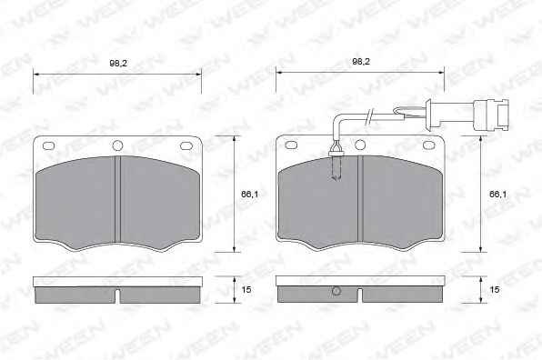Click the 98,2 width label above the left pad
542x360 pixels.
click(x=118, y=64)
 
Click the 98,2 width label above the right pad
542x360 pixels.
click(x=361, y=62)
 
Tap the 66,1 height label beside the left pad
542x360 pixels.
click(x=249, y=195)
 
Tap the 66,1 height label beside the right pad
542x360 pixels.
click(x=497, y=195)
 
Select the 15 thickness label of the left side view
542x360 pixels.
click(x=246, y=289)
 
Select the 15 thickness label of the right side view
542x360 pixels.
click(x=495, y=289)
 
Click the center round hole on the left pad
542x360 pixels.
click(x=117, y=145)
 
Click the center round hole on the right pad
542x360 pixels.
click(x=360, y=145)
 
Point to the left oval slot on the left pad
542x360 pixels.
click(x=48, y=145)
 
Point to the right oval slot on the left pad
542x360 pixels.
click(x=186, y=145)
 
